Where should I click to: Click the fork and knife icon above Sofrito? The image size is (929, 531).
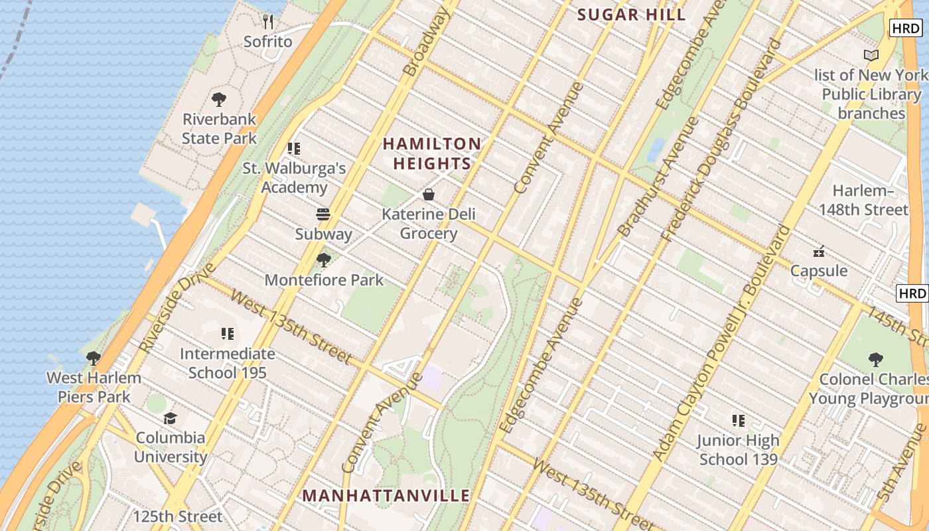(268, 22)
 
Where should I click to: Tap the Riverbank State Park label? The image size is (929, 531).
(219, 129)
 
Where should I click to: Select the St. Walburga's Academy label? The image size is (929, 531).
(294, 177)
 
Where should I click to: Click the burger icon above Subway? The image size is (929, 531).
(323, 214)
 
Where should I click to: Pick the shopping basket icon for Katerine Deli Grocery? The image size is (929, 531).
(429, 194)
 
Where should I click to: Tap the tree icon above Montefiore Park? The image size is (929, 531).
(324, 260)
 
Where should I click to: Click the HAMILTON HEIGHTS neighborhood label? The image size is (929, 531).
(432, 153)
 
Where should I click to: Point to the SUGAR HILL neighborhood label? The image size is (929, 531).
(631, 15)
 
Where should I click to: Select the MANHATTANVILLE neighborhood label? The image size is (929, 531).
(386, 496)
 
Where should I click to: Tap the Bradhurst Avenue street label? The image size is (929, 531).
(658, 177)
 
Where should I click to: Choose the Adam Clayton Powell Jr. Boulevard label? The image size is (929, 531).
(723, 343)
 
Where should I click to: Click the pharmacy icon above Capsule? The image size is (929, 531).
(819, 252)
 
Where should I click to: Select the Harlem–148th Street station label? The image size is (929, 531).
(870, 200)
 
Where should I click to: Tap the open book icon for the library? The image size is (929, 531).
(871, 56)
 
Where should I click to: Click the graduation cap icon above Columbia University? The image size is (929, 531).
(171, 418)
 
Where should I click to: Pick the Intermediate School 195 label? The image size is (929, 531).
(227, 363)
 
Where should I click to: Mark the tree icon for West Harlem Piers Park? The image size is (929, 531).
(94, 358)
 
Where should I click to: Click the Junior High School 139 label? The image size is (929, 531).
(738, 449)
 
